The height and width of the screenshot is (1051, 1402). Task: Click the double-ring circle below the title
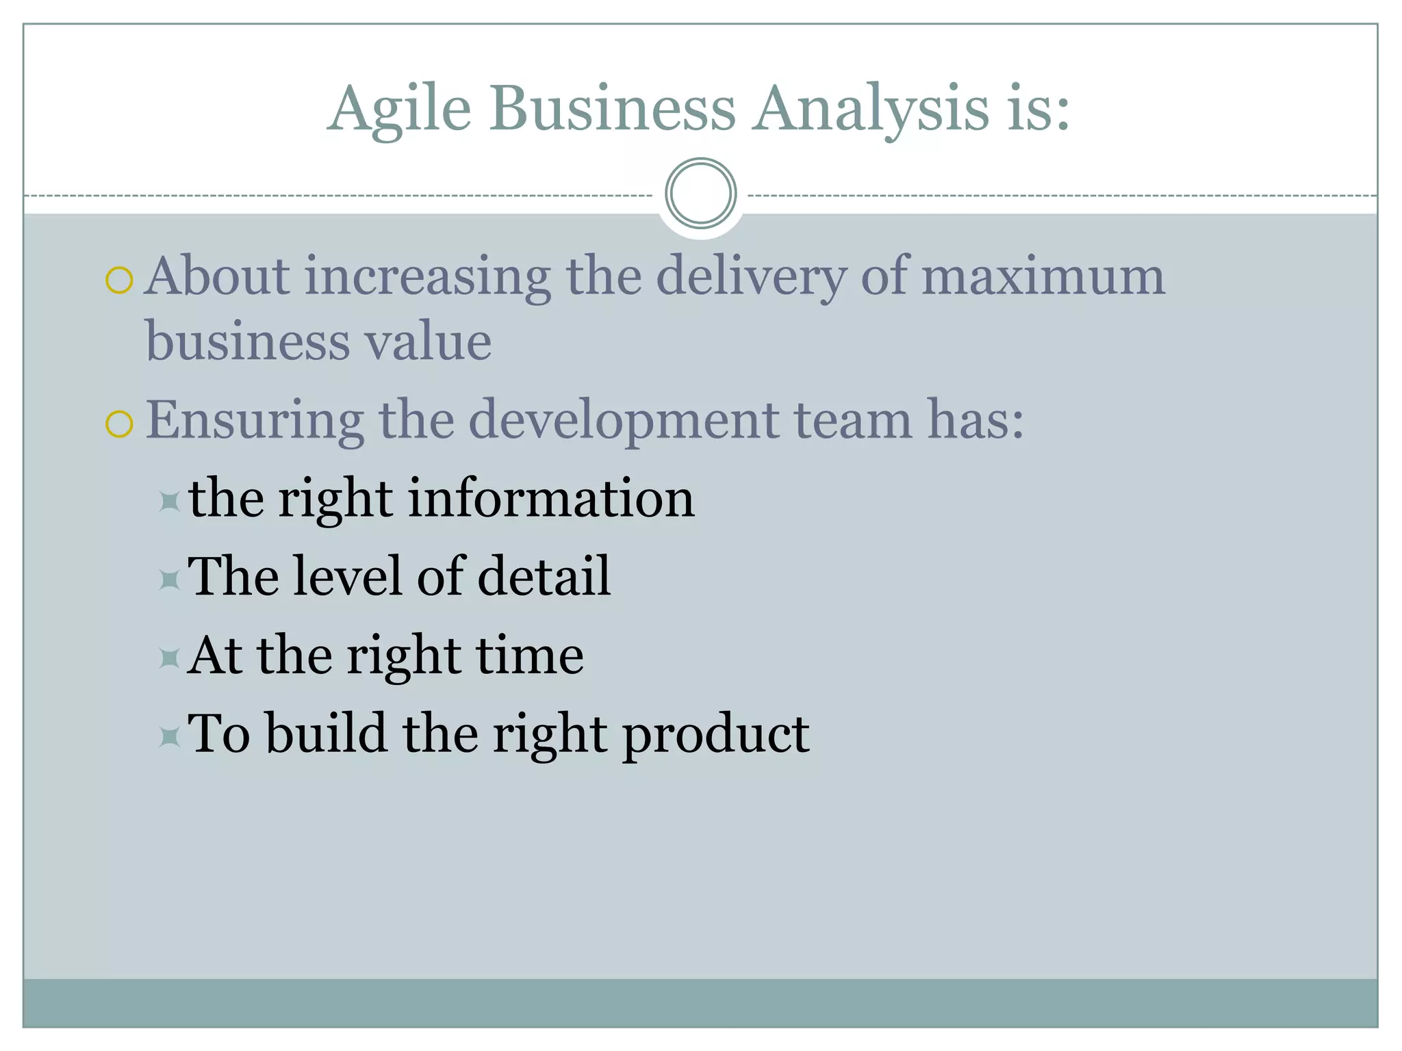pos(700,193)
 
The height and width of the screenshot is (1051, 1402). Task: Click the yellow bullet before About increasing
pos(119,281)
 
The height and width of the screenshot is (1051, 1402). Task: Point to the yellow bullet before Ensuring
pos(119,424)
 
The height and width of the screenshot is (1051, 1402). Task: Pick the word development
pos(623,421)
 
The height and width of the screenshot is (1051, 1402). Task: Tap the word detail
pos(543,576)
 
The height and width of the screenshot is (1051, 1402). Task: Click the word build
pos(326,734)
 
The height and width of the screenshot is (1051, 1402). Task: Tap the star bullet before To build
pos(169,737)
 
